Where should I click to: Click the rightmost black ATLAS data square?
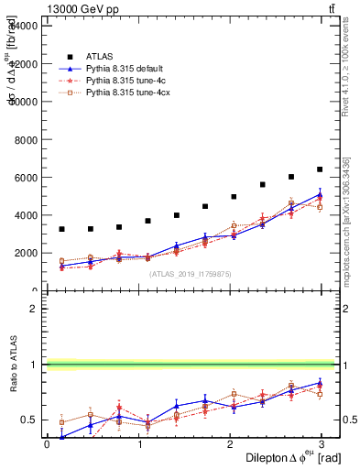point(320,169)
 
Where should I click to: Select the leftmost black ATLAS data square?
point(61,229)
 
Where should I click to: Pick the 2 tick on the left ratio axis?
point(34,309)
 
